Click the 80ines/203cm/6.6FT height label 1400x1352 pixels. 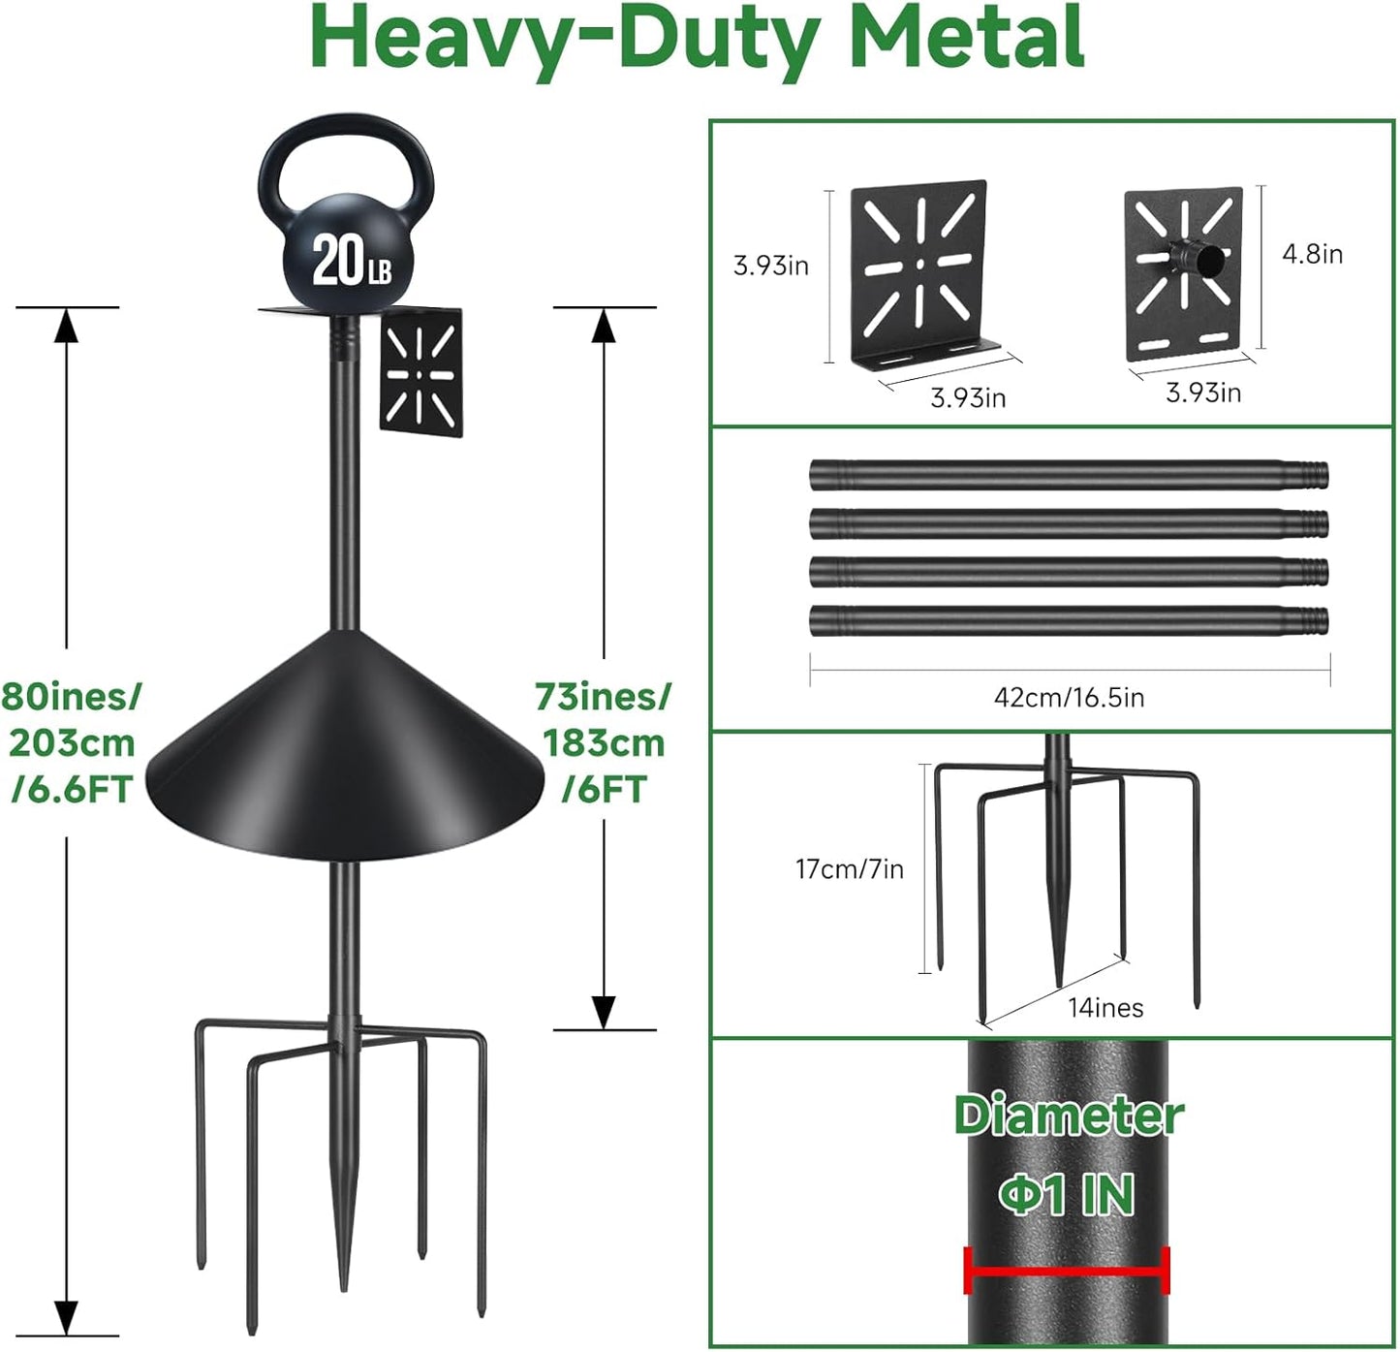click(x=70, y=742)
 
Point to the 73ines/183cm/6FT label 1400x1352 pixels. click(x=603, y=742)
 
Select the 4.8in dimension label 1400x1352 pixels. click(x=1312, y=254)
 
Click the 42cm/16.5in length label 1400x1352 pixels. click(x=1069, y=697)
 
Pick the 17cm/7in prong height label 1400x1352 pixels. click(x=849, y=869)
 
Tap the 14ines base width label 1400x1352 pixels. click(x=1105, y=1008)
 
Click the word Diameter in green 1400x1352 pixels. click(x=1068, y=1116)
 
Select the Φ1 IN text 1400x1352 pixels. click(x=1067, y=1194)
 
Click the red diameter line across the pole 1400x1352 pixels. click(x=1067, y=1271)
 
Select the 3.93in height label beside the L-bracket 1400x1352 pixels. click(x=770, y=266)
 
